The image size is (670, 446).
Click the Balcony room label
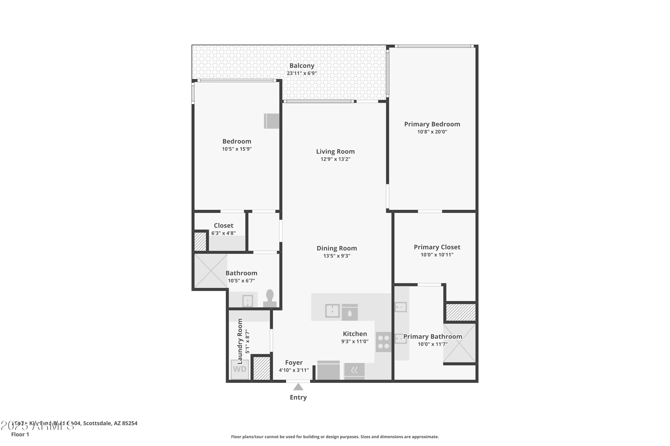pos(302,66)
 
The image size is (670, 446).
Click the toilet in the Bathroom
pos(270,299)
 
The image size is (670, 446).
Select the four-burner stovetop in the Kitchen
pos(383,342)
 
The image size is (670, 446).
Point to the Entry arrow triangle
pos(298,387)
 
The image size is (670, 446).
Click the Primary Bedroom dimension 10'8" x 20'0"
pos(432,132)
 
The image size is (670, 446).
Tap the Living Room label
pos(335,152)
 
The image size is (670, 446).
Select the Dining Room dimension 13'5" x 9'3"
pos(337,256)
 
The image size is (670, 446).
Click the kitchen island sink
pos(332,311)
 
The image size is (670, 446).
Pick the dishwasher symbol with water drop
pos(350,312)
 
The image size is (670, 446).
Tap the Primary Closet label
pos(437,247)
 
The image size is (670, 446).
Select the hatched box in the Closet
pos(200,242)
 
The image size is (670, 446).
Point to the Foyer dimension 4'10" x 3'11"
pos(294,370)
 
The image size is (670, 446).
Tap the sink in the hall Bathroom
pos(247,301)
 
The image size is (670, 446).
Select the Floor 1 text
pos(20,434)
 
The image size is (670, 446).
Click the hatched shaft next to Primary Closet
pos(461,312)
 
